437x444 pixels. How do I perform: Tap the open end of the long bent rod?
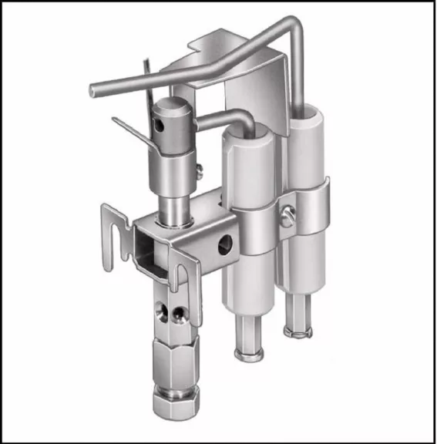click(93, 89)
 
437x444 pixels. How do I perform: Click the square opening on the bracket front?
click(149, 245)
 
